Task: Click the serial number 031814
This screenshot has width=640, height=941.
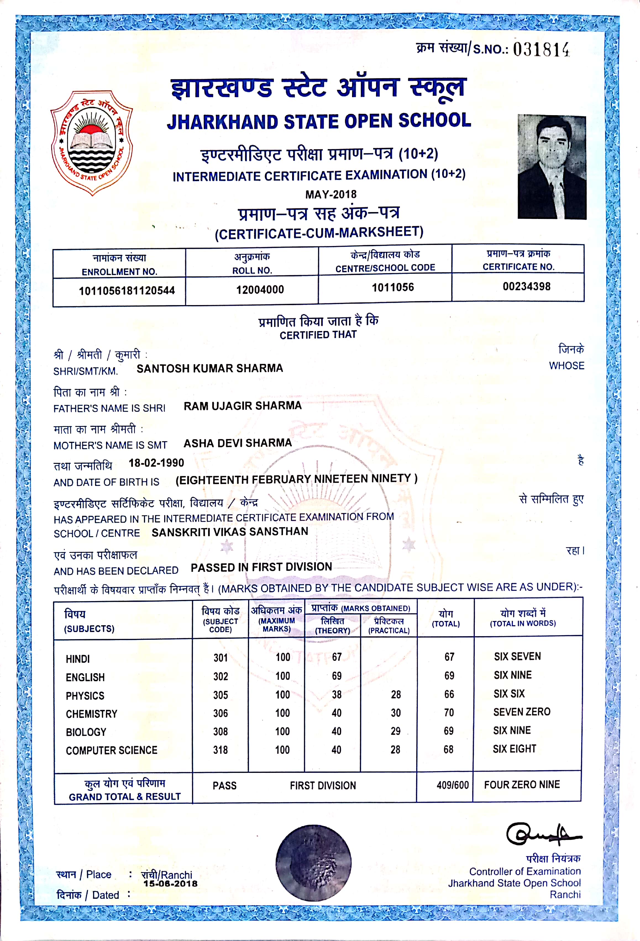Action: (x=541, y=50)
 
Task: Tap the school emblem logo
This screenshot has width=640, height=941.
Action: (x=91, y=142)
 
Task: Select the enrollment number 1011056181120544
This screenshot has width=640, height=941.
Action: (x=127, y=290)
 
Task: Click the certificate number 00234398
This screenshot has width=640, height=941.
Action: (x=526, y=287)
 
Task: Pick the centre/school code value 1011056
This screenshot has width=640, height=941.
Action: (x=393, y=287)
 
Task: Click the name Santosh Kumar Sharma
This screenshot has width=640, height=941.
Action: (x=209, y=368)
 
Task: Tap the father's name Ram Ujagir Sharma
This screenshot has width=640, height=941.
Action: (x=242, y=406)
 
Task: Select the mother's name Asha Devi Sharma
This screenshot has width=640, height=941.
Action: (x=238, y=443)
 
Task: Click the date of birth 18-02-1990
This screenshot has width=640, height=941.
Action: (x=156, y=463)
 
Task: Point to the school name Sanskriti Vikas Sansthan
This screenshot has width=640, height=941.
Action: (x=230, y=532)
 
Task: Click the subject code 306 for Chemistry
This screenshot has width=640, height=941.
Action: (x=221, y=713)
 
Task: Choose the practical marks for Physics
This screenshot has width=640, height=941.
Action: (x=396, y=695)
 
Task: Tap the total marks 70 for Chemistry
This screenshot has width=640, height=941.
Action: (x=449, y=713)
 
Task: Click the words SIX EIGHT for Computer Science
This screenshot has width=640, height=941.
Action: (x=514, y=749)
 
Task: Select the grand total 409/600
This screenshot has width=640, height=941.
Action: (x=452, y=785)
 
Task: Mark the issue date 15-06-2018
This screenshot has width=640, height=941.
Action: (x=170, y=884)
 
